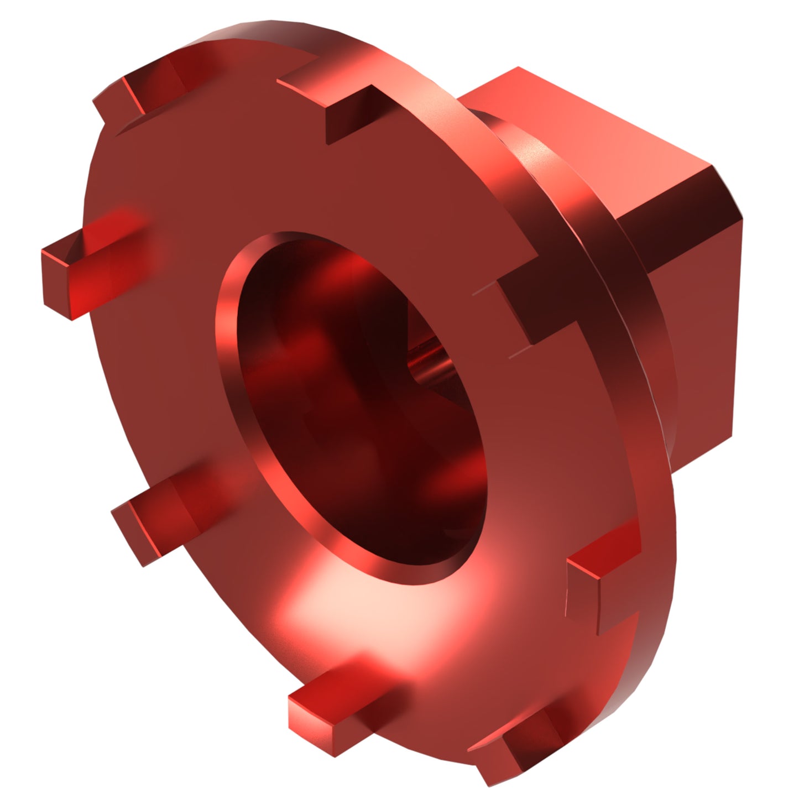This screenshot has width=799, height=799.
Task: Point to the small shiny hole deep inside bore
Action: click(429, 365)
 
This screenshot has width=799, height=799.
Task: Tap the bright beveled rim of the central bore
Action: click(232, 332)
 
